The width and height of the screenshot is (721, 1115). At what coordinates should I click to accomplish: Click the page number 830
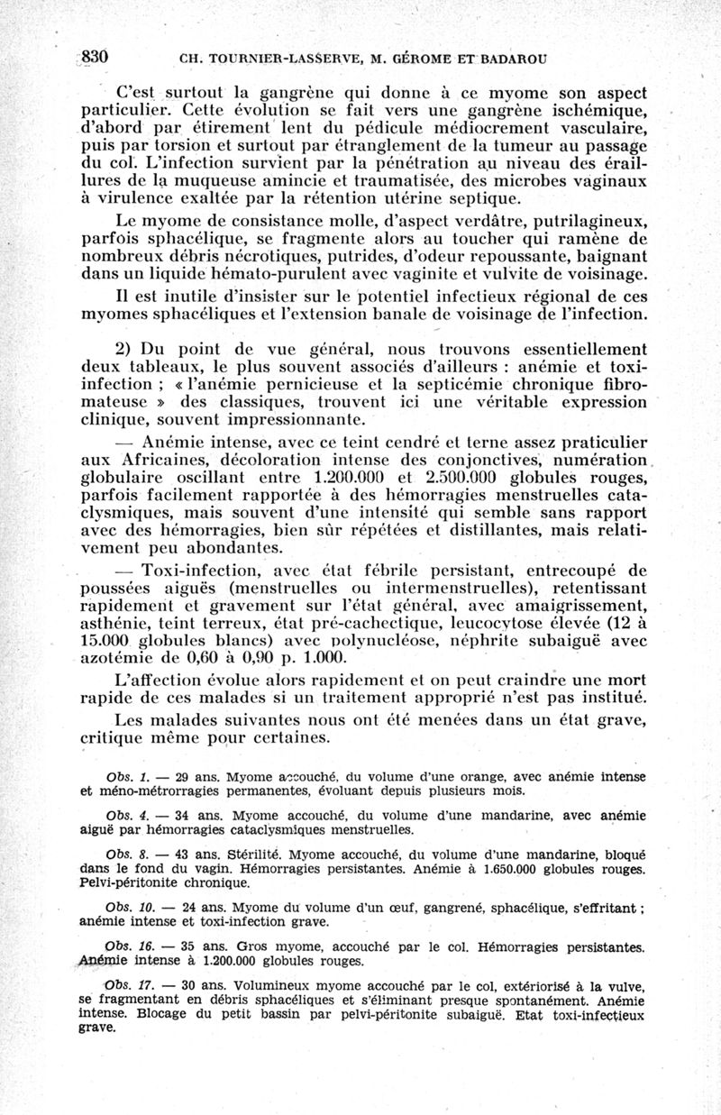point(94,57)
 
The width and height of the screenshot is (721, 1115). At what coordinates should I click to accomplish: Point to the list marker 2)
point(125,349)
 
